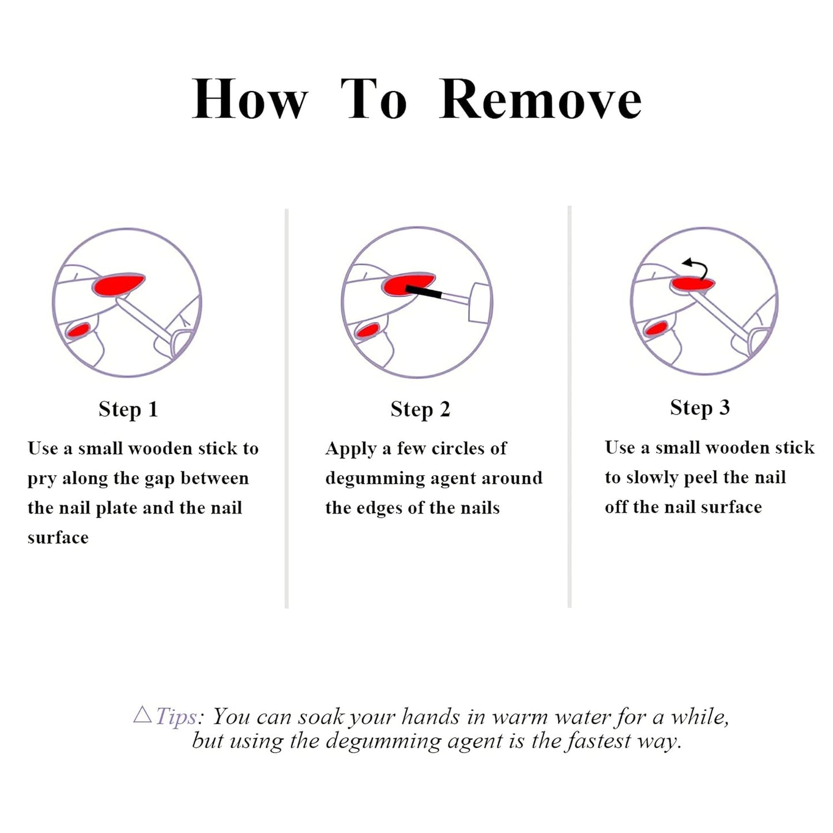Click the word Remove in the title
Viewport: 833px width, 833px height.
coord(540,99)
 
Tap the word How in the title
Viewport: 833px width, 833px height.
coord(250,99)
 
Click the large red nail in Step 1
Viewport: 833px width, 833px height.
coord(118,284)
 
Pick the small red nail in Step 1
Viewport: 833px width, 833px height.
coord(78,330)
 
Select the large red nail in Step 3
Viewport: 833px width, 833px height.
coord(692,284)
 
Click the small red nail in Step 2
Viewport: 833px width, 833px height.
coord(367,331)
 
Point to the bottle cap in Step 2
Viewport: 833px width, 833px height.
coord(481,302)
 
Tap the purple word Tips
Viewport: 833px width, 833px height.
coord(177,717)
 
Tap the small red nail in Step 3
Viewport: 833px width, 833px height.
coord(656,329)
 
